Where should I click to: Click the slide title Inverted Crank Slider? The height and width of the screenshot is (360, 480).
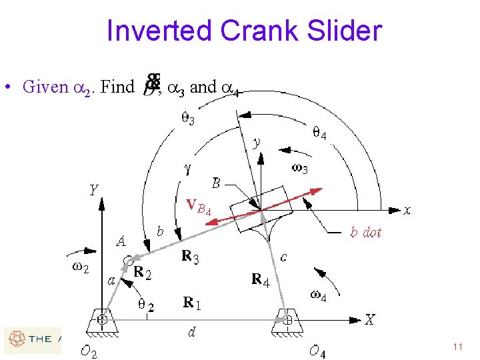tap(243, 31)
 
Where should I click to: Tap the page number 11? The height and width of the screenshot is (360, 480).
tap(457, 347)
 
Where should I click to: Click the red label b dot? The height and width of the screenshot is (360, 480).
tap(365, 232)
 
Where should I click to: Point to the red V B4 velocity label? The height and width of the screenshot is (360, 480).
tap(199, 207)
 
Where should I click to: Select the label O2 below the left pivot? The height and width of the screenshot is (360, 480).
tap(88, 352)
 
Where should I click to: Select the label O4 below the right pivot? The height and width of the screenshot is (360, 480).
tap(317, 351)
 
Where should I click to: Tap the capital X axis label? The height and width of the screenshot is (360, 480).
tap(370, 320)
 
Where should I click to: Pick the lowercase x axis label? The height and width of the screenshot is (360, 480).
tap(407, 211)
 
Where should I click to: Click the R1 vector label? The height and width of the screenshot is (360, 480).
tap(192, 303)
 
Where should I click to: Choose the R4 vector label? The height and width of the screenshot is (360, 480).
tap(260, 280)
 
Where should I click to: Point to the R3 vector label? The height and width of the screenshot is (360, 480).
tap(190, 257)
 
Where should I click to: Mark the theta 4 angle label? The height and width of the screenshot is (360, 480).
tap(319, 133)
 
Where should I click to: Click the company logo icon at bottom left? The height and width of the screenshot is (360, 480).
tap(15, 339)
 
